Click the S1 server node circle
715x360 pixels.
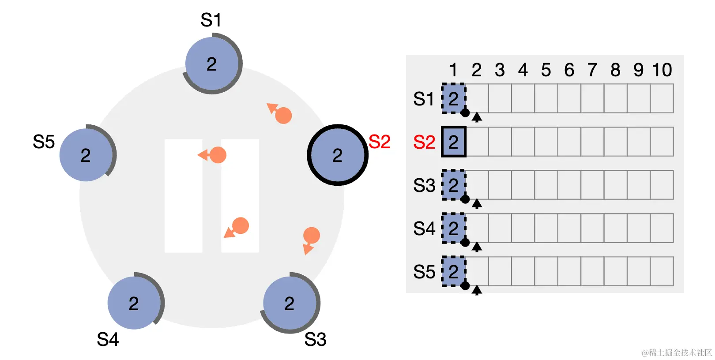[212, 64]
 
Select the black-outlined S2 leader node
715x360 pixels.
[338, 155]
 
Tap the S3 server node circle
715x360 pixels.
[290, 303]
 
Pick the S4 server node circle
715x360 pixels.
[134, 303]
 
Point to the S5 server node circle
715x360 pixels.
[86, 155]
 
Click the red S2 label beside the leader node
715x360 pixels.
[379, 142]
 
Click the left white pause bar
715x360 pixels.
[183, 196]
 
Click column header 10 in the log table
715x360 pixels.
[662, 70]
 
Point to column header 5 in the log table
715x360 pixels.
[546, 70]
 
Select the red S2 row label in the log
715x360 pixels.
[424, 142]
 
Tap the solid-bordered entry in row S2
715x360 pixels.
[454, 142]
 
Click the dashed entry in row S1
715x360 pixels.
[454, 99]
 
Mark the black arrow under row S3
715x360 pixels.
[477, 203]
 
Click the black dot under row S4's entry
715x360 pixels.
[465, 242]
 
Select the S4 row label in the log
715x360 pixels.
[424, 229]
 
